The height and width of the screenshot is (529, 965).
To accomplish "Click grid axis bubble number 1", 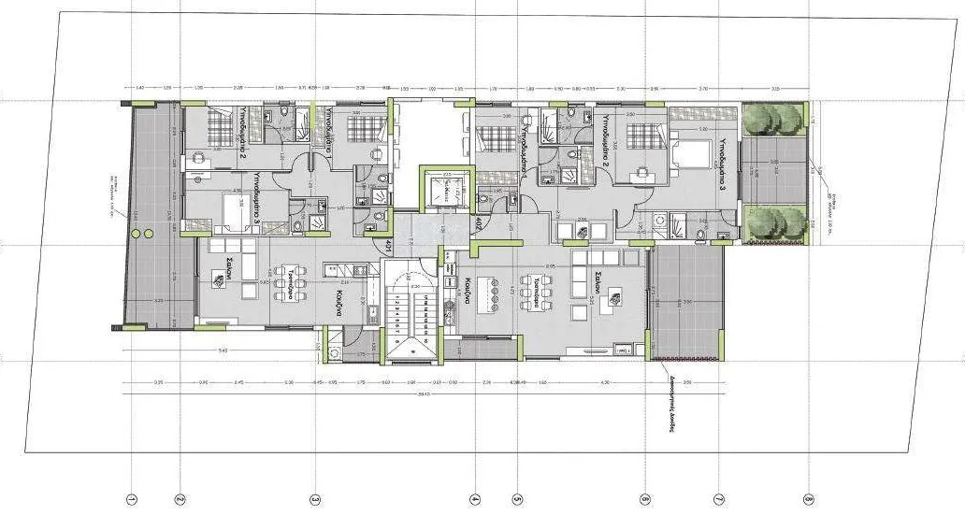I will pos(132,499).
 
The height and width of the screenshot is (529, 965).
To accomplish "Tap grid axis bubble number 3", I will pos(316,499).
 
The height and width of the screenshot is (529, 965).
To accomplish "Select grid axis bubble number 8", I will pos(808,499).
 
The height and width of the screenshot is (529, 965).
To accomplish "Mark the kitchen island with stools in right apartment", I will pos(490,295).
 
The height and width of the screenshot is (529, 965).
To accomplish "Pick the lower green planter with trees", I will pos(775,224).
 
